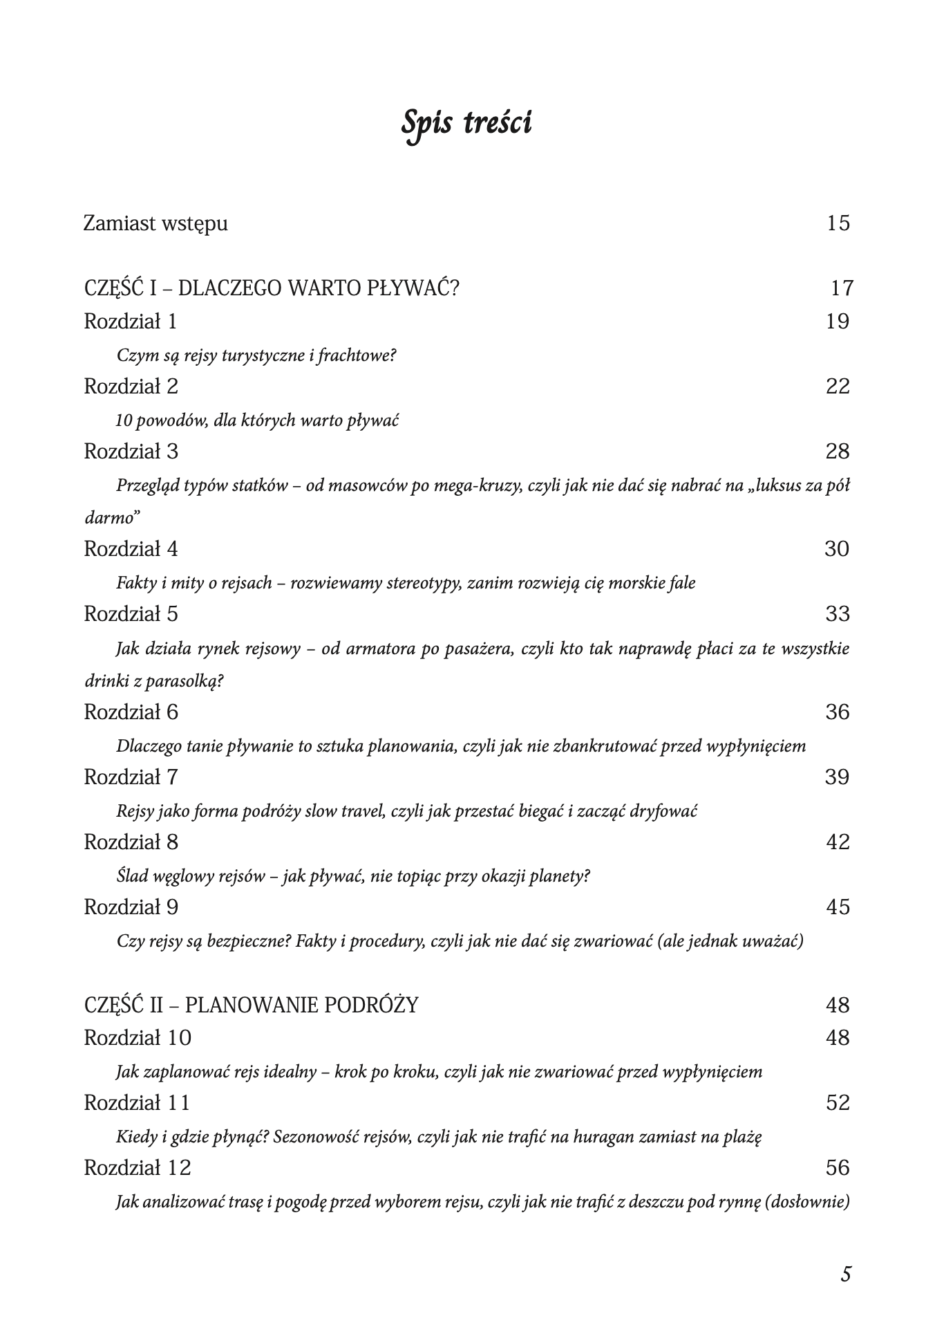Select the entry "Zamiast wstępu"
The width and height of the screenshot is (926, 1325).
coord(155,224)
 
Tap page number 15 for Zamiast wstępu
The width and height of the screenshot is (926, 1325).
coord(838,223)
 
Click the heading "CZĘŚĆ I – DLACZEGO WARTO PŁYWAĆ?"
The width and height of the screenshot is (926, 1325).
coord(271,288)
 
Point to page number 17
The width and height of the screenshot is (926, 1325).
coord(842,288)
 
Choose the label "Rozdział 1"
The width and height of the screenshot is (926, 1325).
coord(131,322)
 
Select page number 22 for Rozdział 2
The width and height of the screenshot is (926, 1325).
coord(838,386)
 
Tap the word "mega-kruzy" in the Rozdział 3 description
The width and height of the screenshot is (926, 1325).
coord(477,485)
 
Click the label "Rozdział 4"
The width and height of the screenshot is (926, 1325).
coord(131,549)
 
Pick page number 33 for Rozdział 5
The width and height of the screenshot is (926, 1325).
coord(838,614)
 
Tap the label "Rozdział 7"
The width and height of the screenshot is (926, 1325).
coord(131,777)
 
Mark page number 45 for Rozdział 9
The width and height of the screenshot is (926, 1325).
coord(838,907)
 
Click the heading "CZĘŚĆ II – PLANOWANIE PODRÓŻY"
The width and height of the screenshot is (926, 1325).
coord(251,1005)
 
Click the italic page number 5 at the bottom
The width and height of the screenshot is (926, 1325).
coord(846,1274)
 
